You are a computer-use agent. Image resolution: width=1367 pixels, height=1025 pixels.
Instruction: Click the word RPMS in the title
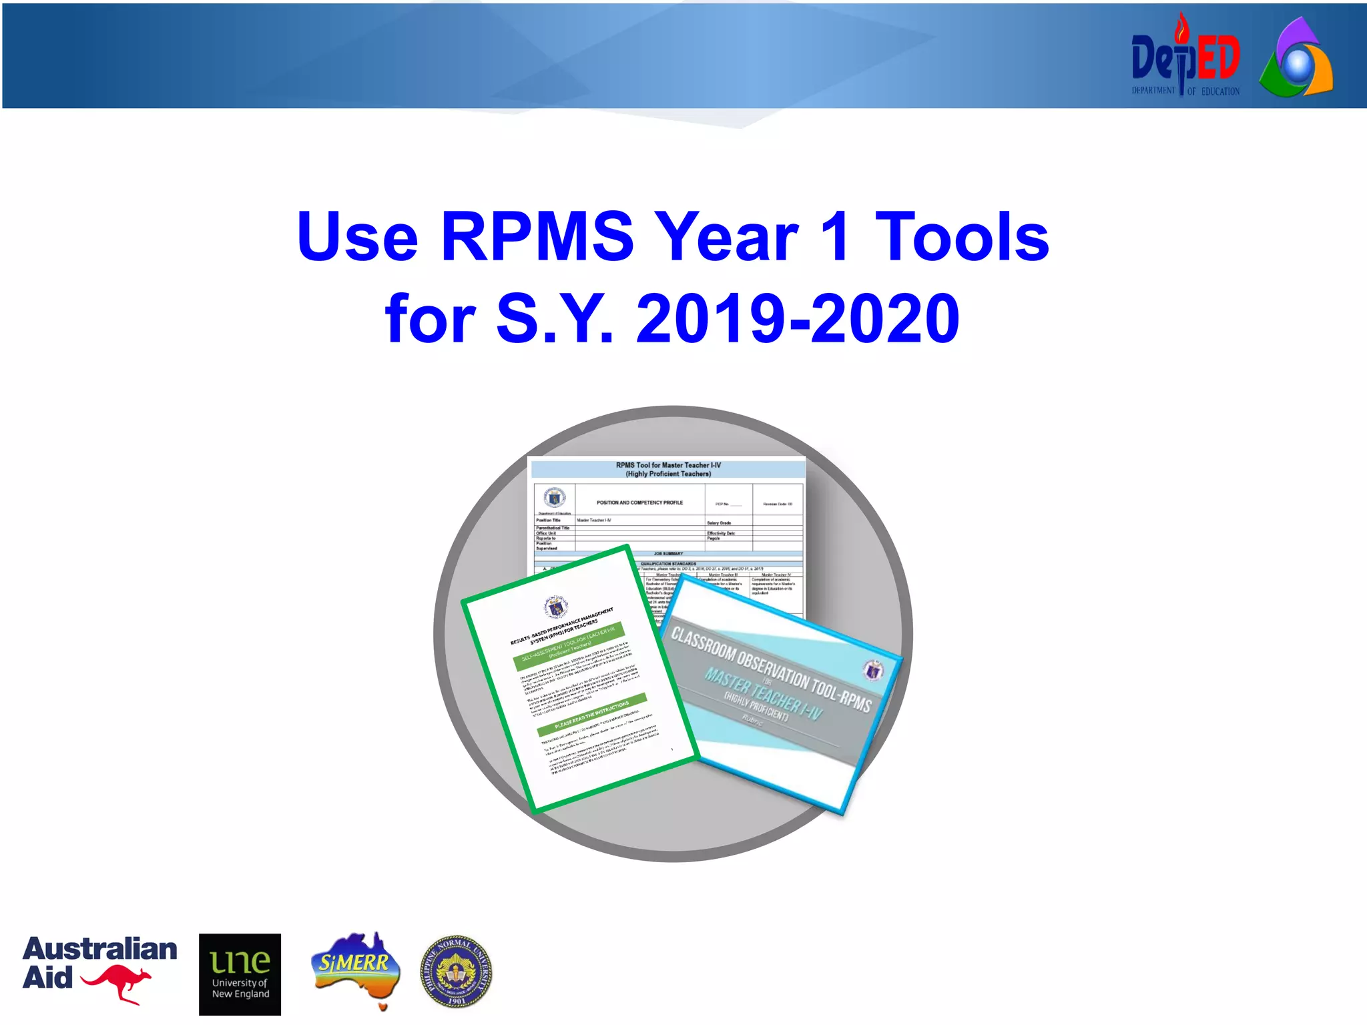click(x=537, y=237)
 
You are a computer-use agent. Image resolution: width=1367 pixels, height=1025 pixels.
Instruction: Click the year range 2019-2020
click(x=798, y=319)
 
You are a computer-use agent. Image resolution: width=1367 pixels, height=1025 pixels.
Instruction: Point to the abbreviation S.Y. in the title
click(x=554, y=319)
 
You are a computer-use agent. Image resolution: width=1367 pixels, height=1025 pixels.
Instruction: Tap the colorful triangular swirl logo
click(x=1296, y=60)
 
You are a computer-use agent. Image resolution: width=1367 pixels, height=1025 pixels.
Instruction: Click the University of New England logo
click(x=240, y=974)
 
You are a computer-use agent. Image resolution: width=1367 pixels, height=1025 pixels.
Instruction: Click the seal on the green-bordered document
click(x=555, y=607)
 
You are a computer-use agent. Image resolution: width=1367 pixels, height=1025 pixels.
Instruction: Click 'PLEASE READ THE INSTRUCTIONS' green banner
click(x=591, y=715)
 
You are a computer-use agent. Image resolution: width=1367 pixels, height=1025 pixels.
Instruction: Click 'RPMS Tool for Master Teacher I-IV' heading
click(x=668, y=465)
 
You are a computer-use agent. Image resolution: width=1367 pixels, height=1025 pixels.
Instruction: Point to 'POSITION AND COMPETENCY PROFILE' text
click(x=639, y=502)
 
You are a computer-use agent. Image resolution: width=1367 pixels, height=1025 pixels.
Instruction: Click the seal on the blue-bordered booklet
click(x=872, y=669)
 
